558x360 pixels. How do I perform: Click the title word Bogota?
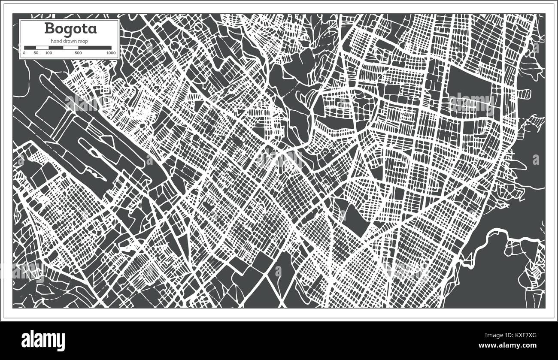point(71,29)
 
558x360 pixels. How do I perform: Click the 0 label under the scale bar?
point(24,53)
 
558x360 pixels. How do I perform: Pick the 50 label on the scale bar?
point(36,53)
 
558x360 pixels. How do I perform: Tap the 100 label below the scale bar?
point(49,53)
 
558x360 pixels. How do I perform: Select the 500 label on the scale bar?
point(78,53)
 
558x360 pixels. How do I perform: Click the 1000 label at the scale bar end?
point(111,53)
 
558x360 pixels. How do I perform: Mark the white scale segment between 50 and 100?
point(42,47)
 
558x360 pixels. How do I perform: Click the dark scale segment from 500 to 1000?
point(94,47)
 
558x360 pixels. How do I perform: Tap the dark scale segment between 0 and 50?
point(30,47)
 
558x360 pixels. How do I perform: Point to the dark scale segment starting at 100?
point(56,47)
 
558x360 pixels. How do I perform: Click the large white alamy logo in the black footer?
point(43,340)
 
